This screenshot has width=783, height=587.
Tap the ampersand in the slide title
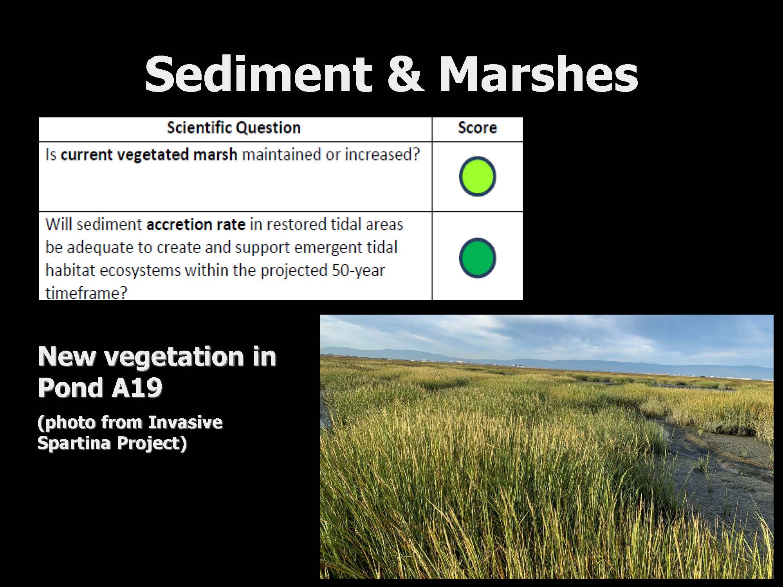[x=406, y=74]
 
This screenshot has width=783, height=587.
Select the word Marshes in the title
[x=539, y=73]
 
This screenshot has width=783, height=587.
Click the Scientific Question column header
[x=234, y=128]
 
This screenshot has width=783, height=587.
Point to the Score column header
[x=477, y=128]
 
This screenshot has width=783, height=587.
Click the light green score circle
[x=477, y=176]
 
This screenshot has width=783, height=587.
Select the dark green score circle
[x=477, y=258]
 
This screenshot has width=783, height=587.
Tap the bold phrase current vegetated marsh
[x=149, y=155]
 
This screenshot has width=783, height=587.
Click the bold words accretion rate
[x=196, y=225]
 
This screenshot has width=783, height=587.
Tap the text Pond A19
[x=100, y=387]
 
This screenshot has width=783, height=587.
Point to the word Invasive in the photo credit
[x=185, y=422]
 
